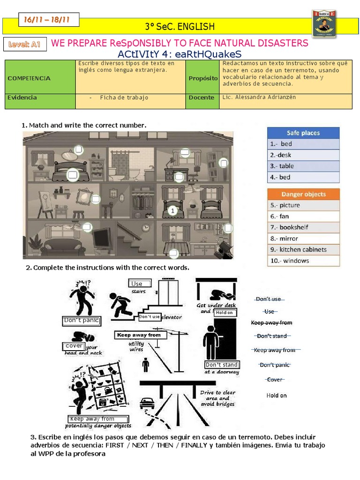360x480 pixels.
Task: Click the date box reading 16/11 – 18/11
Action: pos(49,19)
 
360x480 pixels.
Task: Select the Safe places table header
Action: pos(303,133)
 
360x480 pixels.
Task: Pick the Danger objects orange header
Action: pos(303,194)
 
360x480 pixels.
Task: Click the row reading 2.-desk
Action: pos(303,155)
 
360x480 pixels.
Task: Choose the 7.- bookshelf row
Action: pos(303,227)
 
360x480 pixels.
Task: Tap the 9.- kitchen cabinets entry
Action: pos(303,249)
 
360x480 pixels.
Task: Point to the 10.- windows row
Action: pos(303,261)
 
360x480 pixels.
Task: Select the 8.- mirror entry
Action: pos(303,239)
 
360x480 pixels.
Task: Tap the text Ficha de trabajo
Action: pos(124,97)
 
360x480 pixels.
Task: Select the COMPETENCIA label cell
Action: pos(29,78)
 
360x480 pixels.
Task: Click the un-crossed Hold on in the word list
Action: pos(277,395)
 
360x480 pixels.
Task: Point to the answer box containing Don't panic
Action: pos(82,321)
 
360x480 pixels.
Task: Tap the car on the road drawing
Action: pos(147,403)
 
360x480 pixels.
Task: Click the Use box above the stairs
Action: pos(140,284)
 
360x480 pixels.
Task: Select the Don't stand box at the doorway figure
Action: pos(222,365)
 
